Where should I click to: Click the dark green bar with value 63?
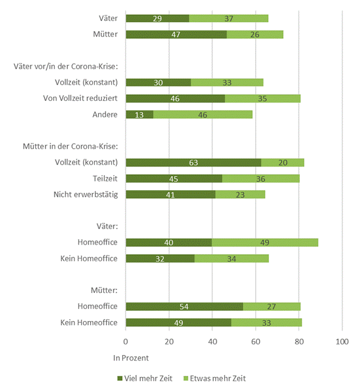click(x=193, y=162)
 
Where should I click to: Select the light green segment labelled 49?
click(x=265, y=242)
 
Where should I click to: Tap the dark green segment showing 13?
click(x=139, y=115)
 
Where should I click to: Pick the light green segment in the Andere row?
click(x=203, y=115)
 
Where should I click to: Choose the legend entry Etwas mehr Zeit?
click(x=216, y=378)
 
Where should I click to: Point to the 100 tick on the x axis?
click(x=342, y=342)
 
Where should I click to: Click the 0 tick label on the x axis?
click(x=126, y=342)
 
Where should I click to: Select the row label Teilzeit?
click(x=104, y=178)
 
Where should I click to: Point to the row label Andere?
click(x=106, y=115)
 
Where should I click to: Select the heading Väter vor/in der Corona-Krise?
click(x=66, y=66)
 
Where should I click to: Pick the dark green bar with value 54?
click(x=184, y=306)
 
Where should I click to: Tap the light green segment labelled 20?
click(x=283, y=162)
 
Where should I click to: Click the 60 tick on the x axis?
click(x=256, y=342)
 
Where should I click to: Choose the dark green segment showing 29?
click(x=157, y=18)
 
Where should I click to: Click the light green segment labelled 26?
click(x=255, y=35)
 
